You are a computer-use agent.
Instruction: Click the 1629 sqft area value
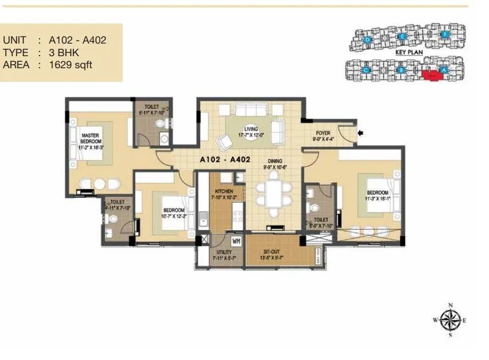tap(71, 65)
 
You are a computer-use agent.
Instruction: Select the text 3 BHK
tap(64, 53)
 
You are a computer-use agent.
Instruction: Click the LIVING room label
tap(251, 129)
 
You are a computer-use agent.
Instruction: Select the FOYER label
tap(323, 133)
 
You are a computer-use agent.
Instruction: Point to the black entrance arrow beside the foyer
tap(361, 134)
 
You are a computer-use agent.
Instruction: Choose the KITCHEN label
tap(223, 191)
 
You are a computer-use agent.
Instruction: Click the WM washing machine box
tap(236, 240)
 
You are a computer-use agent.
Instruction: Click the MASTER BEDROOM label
tap(91, 138)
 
